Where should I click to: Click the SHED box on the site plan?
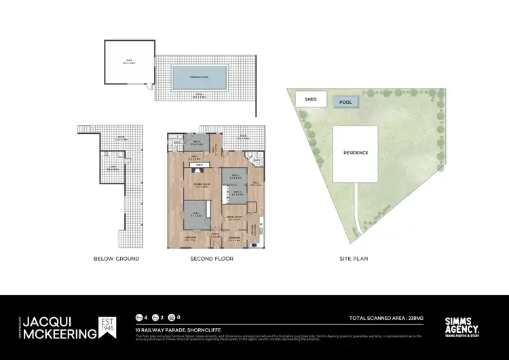(311, 99)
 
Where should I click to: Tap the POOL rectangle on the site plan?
(345, 102)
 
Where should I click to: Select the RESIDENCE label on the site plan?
(356, 153)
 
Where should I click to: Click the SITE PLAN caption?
(354, 259)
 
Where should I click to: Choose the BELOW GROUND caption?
(117, 259)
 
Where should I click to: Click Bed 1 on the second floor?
(197, 217)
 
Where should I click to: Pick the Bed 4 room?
(197, 143)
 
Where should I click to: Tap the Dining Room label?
(235, 219)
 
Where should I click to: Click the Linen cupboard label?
(199, 164)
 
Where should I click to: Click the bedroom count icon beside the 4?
(139, 317)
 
